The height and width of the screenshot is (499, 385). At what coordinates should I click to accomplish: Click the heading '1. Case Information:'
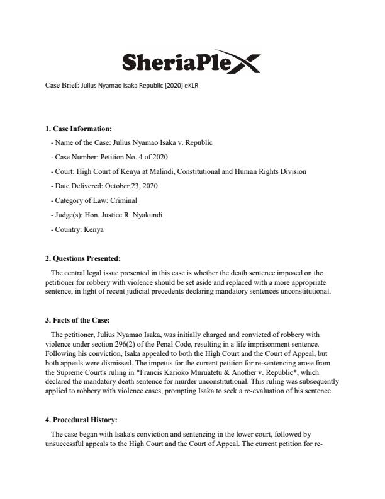[78, 129]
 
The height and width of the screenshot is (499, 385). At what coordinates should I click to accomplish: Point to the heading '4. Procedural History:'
[81, 418]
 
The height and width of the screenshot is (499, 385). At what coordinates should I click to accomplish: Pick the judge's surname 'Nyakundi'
[148, 215]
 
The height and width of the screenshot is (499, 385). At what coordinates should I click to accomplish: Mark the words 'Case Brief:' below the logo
[62, 84]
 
